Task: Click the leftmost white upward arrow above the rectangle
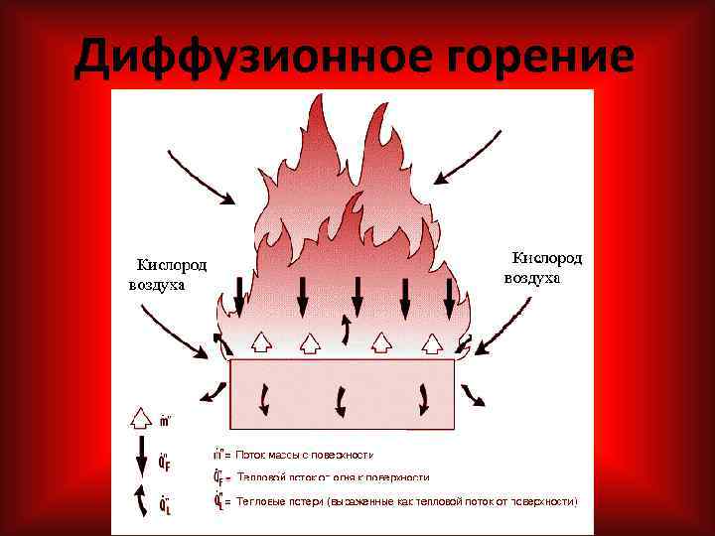[x=261, y=342]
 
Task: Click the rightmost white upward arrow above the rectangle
[x=431, y=342]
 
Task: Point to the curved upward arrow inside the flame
[x=346, y=328]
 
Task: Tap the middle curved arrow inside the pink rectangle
[x=343, y=399]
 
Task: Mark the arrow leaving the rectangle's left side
[x=213, y=390]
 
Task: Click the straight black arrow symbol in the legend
[x=140, y=459]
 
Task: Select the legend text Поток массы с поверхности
[x=303, y=455]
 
